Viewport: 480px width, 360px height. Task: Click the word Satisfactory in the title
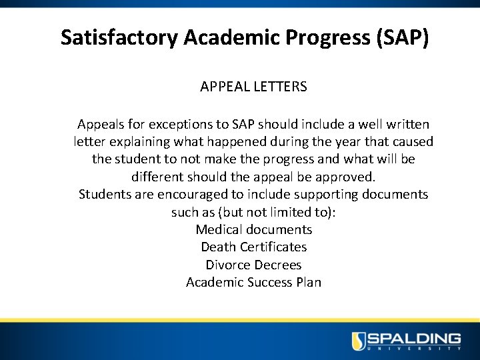click(119, 37)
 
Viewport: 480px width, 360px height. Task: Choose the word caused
click(413, 142)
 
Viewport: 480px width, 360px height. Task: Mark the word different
click(159, 177)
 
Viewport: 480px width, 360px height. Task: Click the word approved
click(350, 177)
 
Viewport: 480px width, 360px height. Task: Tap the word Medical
click(219, 230)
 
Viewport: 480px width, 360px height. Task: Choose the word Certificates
click(273, 247)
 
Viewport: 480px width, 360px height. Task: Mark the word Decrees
click(277, 265)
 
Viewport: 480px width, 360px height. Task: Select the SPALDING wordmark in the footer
click(415, 338)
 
